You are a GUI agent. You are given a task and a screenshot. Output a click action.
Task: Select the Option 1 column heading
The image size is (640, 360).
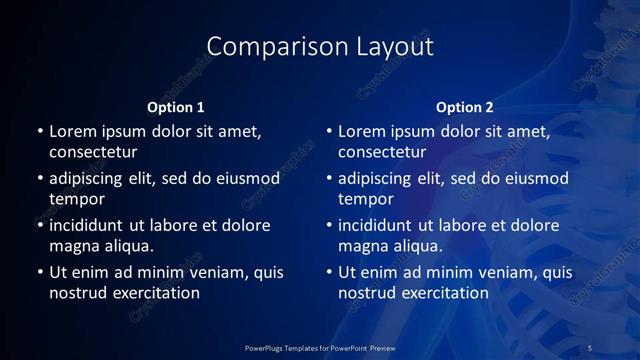[176, 107]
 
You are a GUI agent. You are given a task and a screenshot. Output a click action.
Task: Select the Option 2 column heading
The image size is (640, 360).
[465, 107]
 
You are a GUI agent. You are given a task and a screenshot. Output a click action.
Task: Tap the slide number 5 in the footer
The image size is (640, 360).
[590, 347]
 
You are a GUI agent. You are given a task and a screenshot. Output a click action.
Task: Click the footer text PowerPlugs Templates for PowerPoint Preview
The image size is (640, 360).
[321, 347]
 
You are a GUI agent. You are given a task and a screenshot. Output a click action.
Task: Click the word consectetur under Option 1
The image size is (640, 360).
[93, 152]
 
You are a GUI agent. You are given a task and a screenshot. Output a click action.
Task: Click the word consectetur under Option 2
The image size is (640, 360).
[382, 152]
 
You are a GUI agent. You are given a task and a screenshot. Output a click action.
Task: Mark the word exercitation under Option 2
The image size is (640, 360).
[440, 293]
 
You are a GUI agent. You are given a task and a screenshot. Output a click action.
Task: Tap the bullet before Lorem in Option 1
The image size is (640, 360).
[39, 132]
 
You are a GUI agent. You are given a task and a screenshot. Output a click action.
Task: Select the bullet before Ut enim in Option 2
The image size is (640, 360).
[328, 273]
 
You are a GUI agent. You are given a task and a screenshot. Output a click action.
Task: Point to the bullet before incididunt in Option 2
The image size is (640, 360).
[328, 226]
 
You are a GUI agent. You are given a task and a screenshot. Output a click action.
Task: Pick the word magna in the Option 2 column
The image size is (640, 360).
[363, 246]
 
